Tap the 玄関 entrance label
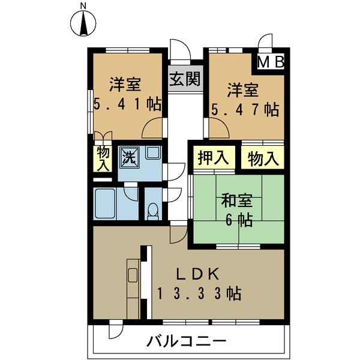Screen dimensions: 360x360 pos(184,80)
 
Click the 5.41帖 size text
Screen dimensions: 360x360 pos(127,104)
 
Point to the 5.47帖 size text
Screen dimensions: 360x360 pos(245,110)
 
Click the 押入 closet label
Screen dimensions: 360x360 pos(213,159)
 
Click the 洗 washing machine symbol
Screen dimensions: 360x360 pos(130,157)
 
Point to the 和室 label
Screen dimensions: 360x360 pos(235,200)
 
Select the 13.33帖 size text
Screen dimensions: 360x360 pos(199,293)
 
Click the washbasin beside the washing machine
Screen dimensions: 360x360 pos(153,152)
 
